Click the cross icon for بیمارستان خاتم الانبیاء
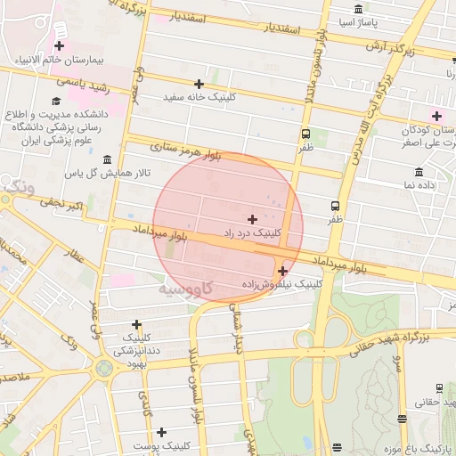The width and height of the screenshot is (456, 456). (60, 45)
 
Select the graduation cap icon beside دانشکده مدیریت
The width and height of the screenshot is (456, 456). (55, 102)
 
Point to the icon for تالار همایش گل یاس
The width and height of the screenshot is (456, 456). (108, 159)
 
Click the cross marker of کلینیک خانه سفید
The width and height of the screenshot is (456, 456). (199, 84)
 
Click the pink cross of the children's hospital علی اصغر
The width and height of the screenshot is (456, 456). (436, 115)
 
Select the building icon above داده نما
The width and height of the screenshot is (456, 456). (419, 172)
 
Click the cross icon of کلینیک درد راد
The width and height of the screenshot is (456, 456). (252, 218)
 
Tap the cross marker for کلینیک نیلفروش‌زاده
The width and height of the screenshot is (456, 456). (282, 271)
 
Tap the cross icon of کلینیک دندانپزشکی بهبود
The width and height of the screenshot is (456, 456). (136, 324)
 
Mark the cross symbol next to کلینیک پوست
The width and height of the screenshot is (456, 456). (161, 432)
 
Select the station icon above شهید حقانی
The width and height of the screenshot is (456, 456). (439, 387)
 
